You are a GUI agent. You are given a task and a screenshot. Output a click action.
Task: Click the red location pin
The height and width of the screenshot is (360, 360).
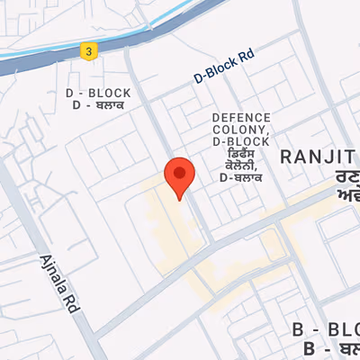pos(180,176)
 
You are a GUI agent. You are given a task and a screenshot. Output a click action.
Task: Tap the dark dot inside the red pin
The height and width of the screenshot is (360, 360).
pos(180,171)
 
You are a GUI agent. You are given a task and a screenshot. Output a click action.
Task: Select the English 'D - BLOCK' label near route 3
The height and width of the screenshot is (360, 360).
pos(98,94)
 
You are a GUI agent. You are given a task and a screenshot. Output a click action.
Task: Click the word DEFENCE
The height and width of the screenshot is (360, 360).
pos(241,118)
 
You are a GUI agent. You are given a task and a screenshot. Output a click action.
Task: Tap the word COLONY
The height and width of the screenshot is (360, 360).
pos(236,130)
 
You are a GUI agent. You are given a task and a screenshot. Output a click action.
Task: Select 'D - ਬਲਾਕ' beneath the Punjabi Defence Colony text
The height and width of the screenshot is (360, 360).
pos(241,178)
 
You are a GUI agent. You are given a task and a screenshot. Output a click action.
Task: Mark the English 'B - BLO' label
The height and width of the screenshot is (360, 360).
pos(326,329)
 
